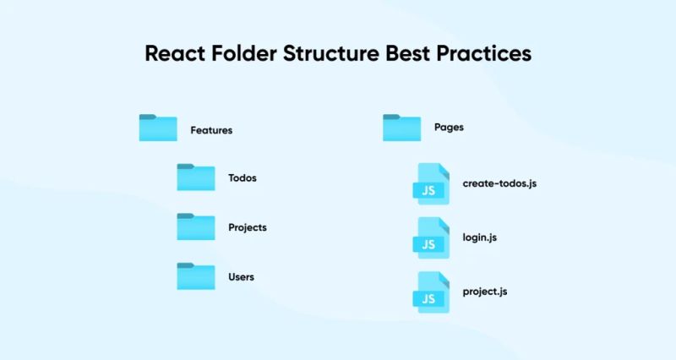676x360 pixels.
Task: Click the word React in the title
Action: pos(175,53)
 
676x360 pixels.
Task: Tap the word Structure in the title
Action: pos(331,53)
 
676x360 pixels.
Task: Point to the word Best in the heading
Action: pos(412,53)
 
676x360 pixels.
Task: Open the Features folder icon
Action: pos(158,128)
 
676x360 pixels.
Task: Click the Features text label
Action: pos(211,130)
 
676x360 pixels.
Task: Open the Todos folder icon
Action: pos(196,177)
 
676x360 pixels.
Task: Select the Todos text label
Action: pos(243,178)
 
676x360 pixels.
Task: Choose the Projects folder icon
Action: pos(196,227)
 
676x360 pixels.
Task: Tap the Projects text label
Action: pos(248,227)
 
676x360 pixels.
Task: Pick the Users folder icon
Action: pos(196,276)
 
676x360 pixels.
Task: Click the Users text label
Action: pos(241,276)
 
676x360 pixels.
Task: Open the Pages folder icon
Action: pos(401,128)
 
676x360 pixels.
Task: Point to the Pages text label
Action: pos(449,128)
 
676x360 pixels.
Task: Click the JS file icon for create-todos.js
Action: pos(432,184)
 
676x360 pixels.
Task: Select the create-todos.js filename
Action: pos(499,183)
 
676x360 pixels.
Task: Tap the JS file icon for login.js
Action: pos(432,238)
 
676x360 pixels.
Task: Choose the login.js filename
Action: pos(480,237)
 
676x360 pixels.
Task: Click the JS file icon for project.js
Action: pos(432,292)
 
